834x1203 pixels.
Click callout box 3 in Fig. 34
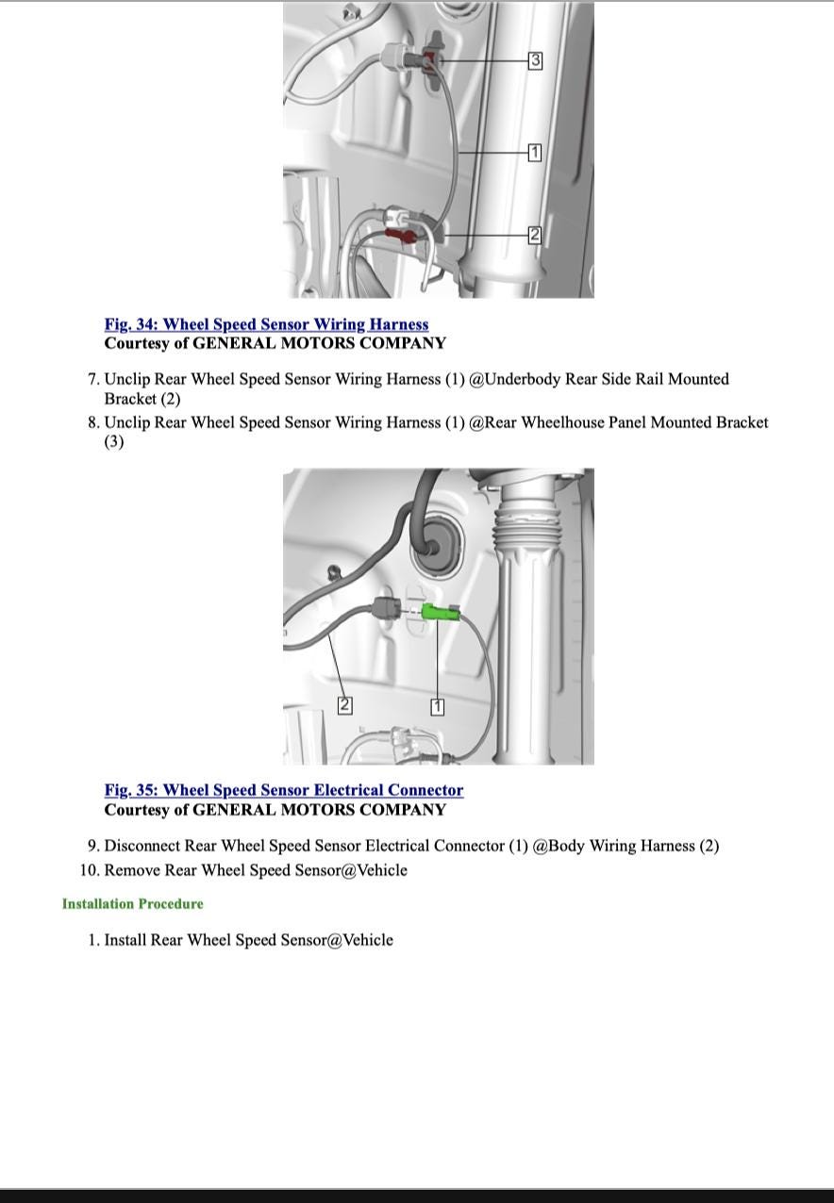point(535,60)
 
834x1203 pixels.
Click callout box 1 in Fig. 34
point(535,152)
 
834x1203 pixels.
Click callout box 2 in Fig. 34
point(535,235)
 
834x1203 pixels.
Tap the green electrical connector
point(440,613)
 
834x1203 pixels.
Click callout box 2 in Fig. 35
point(345,704)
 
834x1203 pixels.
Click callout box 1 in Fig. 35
point(437,706)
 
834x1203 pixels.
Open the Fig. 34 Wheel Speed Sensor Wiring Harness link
point(266,324)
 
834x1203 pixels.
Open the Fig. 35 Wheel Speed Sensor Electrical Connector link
point(284,790)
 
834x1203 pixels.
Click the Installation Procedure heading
point(133,904)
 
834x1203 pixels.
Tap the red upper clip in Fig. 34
point(430,61)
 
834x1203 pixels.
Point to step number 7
point(93,379)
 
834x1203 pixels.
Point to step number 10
point(90,870)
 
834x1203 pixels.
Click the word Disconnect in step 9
point(142,846)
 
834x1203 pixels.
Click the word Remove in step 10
point(132,870)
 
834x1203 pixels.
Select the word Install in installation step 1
point(125,940)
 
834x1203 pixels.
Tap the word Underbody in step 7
point(523,379)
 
